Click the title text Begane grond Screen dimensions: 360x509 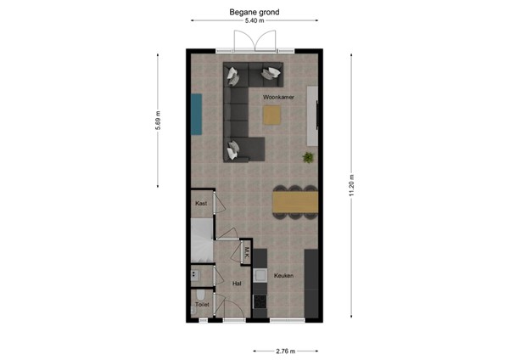255,13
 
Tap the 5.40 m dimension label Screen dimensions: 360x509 255,23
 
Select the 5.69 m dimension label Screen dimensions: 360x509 158,121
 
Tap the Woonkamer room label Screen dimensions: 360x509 278,98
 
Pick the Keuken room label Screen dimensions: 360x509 283,276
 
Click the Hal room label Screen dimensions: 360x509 237,284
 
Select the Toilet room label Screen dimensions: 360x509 202,303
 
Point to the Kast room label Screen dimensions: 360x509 201,204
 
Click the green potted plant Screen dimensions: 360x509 309,157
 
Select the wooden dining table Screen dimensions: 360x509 294,202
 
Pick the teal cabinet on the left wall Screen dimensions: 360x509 196,114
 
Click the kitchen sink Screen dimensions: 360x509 260,275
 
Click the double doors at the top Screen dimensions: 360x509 254,41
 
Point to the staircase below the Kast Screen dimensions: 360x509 201,242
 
